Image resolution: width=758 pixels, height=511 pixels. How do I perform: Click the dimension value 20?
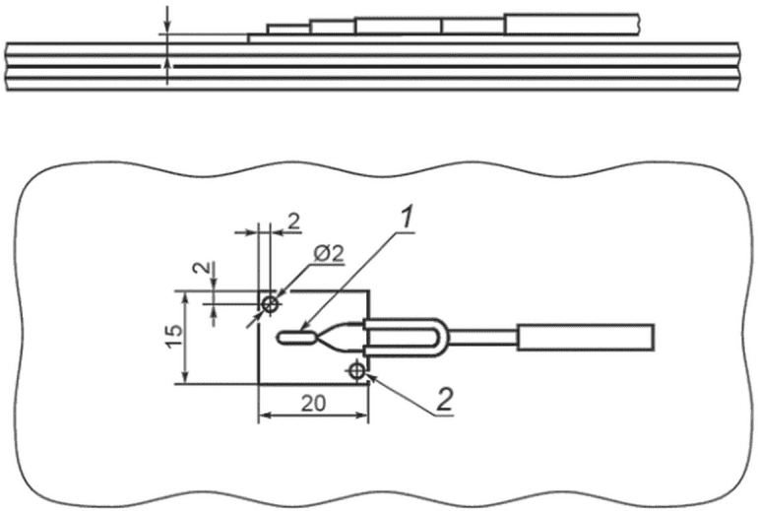(314, 403)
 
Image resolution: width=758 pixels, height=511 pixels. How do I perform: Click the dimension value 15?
(174, 337)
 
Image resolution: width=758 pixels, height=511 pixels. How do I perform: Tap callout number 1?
(408, 218)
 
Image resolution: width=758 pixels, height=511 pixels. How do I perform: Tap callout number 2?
(445, 400)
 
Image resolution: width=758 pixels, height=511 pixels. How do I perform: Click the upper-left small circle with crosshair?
(271, 304)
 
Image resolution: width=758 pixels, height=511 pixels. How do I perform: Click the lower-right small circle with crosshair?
(356, 371)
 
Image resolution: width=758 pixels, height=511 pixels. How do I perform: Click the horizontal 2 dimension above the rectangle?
(293, 222)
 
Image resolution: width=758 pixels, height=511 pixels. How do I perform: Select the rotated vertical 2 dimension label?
(205, 268)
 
